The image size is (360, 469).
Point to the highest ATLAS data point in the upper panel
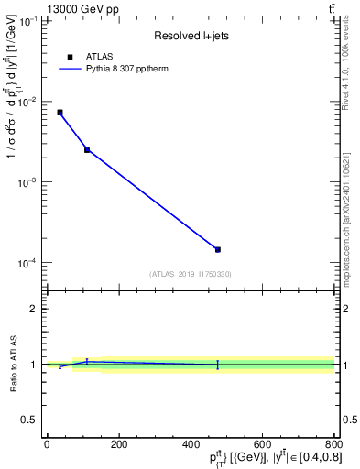[x=60, y=112]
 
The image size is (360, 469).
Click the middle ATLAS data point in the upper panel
[x=87, y=149]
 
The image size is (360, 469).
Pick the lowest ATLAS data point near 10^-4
[x=218, y=249]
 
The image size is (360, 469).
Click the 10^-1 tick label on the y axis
[x=29, y=21]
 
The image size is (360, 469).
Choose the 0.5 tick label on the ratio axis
[x=30, y=420]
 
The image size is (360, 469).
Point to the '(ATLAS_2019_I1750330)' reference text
[x=190, y=274]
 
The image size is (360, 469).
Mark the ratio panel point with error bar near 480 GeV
[x=218, y=365]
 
